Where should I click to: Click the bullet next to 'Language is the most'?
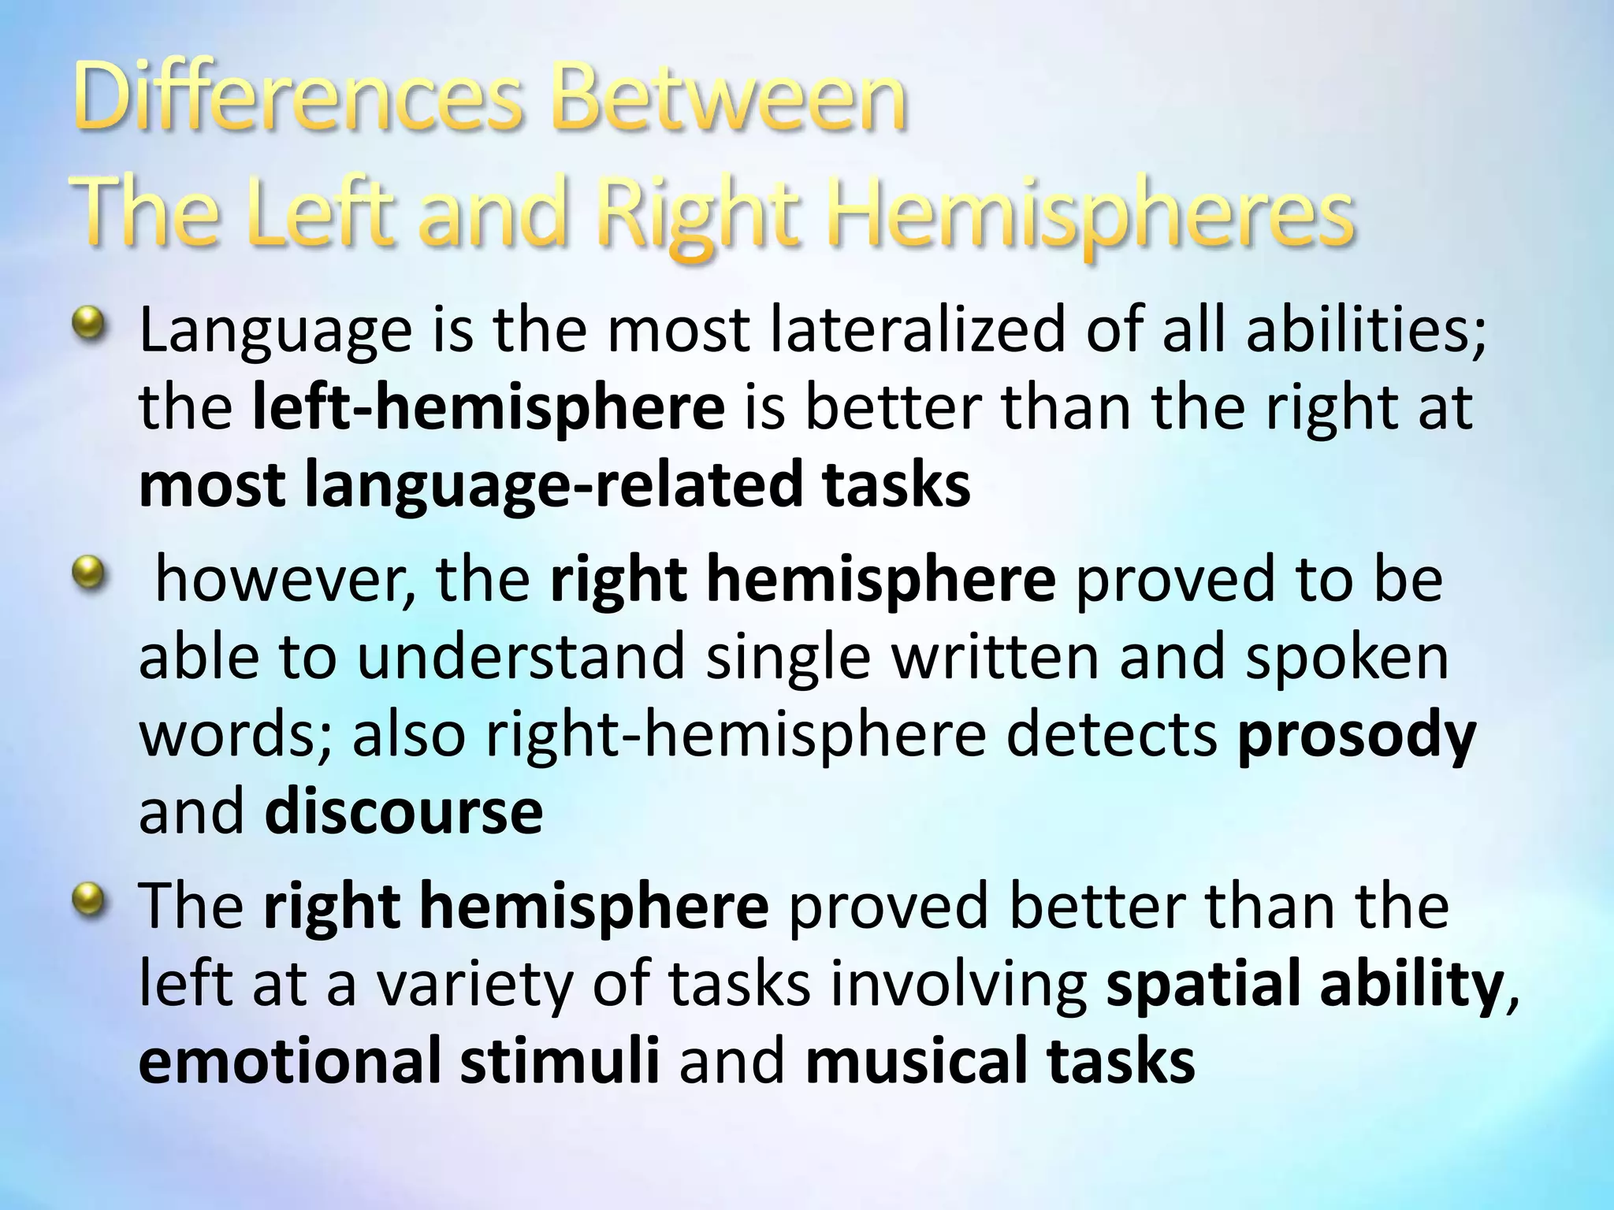coord(87,324)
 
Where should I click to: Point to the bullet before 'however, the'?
coord(87,573)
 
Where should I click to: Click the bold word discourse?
coord(403,813)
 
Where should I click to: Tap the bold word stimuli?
coord(560,1062)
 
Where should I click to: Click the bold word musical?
coord(917,1062)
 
